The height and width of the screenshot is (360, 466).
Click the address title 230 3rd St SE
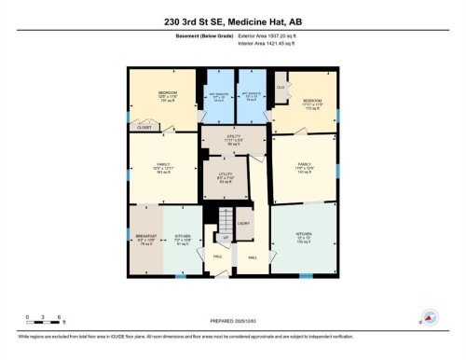click(x=233, y=18)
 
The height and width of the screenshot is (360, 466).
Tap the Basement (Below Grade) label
click(x=205, y=35)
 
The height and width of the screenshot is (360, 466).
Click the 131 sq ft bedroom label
click(x=168, y=97)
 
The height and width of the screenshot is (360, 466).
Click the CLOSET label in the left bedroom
click(x=144, y=127)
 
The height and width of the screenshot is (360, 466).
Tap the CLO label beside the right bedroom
click(x=280, y=87)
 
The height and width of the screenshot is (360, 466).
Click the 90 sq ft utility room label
click(x=234, y=141)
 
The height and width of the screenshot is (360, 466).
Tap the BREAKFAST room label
click(x=145, y=239)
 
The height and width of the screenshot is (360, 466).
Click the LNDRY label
click(x=244, y=224)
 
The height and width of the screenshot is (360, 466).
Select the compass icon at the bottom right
click(x=430, y=316)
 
